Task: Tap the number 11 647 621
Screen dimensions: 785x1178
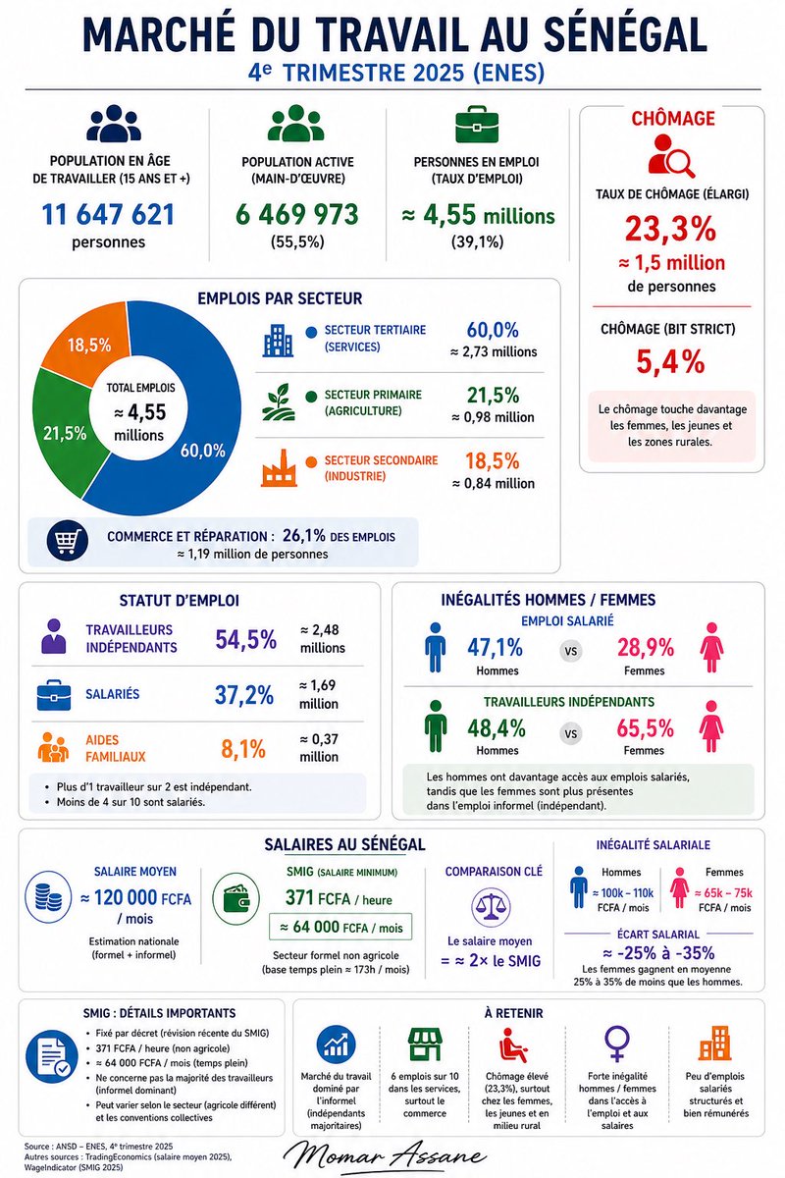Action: coord(108,215)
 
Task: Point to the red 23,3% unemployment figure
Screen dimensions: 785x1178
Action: coord(670,229)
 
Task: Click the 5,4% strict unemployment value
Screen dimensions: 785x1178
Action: coord(670,362)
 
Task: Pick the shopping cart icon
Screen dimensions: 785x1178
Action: coord(67,540)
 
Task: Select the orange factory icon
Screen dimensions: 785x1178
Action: coord(279,467)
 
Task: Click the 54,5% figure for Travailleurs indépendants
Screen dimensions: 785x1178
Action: coord(245,639)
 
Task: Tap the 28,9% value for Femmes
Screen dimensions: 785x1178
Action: coord(645,648)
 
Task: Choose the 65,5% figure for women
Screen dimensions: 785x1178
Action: coord(645,728)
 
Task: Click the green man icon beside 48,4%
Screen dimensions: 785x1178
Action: coord(436,725)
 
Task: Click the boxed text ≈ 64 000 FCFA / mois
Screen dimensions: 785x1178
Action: coord(340,927)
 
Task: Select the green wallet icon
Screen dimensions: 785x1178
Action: coord(235,899)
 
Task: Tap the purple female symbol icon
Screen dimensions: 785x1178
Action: coord(617,1043)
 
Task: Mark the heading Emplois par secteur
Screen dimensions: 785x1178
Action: coord(280,298)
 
